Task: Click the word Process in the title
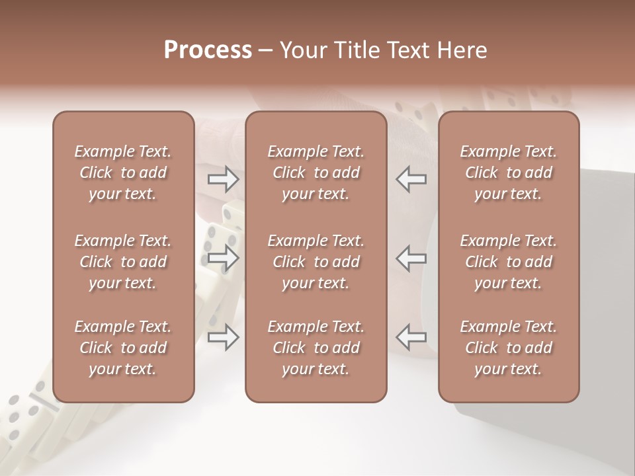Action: pos(208,50)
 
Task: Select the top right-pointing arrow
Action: pos(223,178)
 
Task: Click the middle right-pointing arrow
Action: pos(223,258)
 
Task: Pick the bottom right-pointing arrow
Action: pos(223,337)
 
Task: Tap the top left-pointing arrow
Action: pos(411,178)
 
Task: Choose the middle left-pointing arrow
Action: pos(411,258)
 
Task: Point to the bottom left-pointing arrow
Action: pos(411,337)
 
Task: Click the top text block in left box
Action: pos(123,173)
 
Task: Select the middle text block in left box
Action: pos(123,262)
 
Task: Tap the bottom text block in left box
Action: pos(123,348)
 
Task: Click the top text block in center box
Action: pos(316,173)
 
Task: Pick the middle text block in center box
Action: pos(316,262)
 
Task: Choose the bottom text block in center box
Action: pos(316,348)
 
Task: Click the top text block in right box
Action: pos(509,173)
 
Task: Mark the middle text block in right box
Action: pos(509,262)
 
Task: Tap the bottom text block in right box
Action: pos(509,348)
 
